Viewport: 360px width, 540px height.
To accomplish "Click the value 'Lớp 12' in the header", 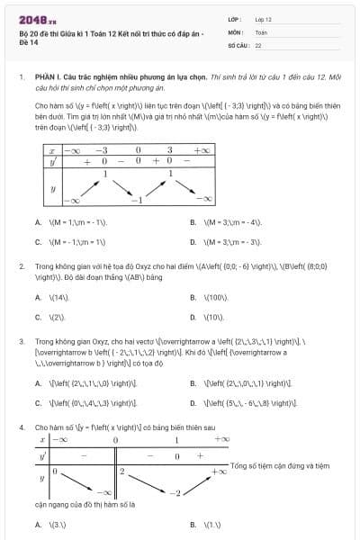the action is [263, 18].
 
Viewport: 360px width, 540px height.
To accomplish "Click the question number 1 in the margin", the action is [21, 78].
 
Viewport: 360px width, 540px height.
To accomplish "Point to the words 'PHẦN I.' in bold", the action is [48, 78].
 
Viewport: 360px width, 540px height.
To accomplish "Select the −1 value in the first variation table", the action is [138, 199].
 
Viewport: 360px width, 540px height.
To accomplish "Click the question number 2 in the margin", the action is [21, 267].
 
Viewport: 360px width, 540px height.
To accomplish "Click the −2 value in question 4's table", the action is [178, 492].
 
